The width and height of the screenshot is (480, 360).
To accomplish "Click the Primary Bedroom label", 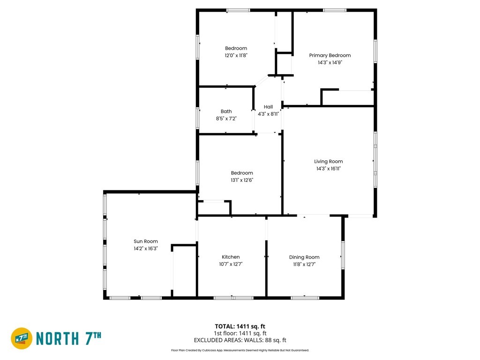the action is tap(330, 55).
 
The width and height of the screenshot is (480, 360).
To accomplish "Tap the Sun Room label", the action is tap(146, 241).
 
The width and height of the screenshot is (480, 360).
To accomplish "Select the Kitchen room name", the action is tap(231, 257).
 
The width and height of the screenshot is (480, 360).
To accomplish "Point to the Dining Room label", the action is tap(304, 257).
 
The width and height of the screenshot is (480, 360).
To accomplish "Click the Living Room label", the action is tap(329, 162).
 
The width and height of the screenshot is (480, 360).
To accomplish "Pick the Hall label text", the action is tap(268, 107).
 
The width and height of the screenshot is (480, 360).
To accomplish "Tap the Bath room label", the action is tap(226, 112).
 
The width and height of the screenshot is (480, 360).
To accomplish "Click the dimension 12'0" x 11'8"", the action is tap(236, 55).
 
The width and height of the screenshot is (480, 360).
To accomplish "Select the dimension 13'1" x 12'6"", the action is tap(242, 180).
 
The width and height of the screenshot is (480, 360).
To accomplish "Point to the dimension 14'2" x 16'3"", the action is tap(146, 248).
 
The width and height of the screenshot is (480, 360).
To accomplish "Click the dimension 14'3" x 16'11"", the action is tap(329, 169).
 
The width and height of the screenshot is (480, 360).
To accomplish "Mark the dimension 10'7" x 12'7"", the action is tap(231, 264).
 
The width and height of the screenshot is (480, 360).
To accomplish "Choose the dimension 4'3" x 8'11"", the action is tap(268, 114).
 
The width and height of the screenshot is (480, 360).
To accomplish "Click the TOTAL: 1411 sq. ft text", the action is tap(240, 326).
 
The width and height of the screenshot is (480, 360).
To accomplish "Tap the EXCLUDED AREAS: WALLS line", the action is tap(240, 340).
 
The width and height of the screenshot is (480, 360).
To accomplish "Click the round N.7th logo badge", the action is tap(22, 338).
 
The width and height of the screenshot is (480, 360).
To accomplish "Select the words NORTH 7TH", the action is tap(68, 338).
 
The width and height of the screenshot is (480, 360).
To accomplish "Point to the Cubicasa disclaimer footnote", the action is tap(240, 350).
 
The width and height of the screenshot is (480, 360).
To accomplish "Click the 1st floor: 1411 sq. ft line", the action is tap(240, 333).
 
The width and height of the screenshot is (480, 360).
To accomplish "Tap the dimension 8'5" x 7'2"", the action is tap(226, 119).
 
